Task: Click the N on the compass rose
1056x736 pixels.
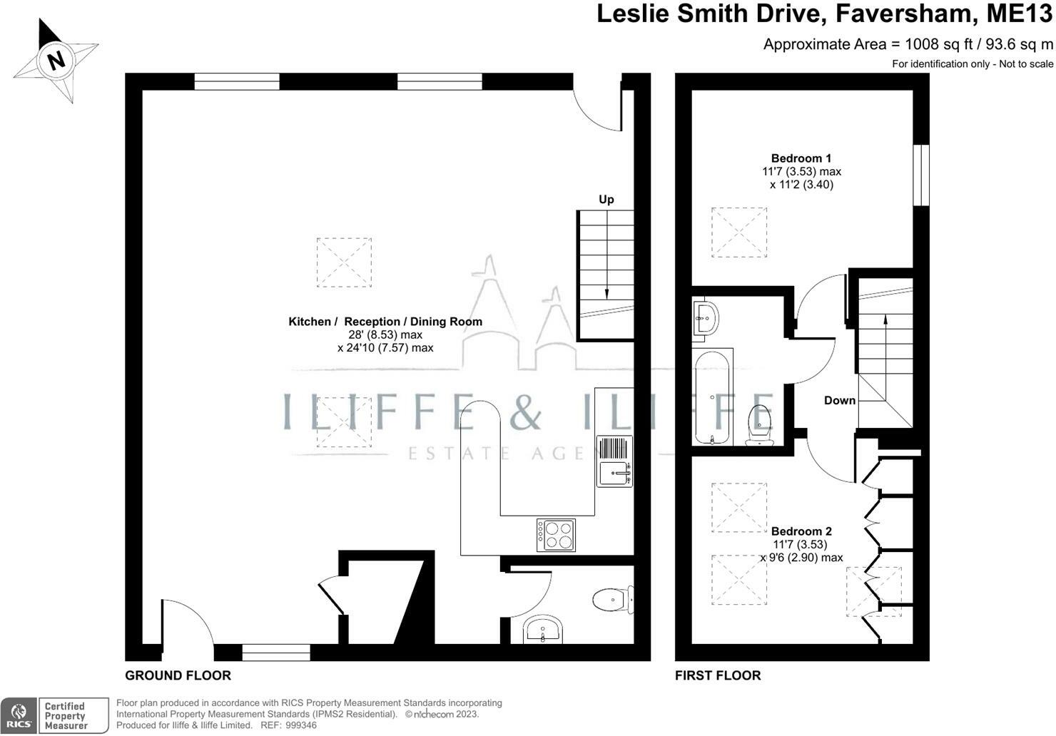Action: pos(56,61)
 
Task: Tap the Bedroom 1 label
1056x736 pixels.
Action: pos(801,158)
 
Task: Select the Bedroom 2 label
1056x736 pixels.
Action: pos(801,531)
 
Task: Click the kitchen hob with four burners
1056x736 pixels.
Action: pos(556,535)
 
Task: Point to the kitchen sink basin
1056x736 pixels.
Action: pos(614,474)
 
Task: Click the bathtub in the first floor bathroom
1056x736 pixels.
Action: pos(712,397)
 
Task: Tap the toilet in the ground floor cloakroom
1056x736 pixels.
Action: pos(613,599)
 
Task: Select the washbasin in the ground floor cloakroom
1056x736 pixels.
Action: pos(542,629)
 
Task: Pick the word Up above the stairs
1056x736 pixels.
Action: pos(606,199)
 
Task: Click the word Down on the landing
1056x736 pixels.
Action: pos(840,401)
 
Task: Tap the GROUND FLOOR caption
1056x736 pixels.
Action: pos(178,675)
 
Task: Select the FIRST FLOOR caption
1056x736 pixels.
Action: pos(718,675)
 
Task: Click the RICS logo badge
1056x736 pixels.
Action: pos(19,716)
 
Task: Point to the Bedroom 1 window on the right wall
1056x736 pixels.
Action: pos(921,175)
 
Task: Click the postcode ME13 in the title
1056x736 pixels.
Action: pos(1019,14)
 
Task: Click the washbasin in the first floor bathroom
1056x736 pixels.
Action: pos(706,318)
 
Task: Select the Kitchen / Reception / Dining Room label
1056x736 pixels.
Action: pos(385,322)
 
